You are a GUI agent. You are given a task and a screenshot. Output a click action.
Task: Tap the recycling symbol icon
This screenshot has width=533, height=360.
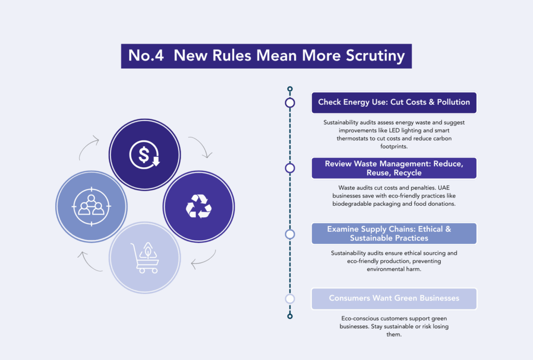(x=199, y=206)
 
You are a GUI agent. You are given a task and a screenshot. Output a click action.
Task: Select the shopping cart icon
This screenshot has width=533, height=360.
(x=144, y=257)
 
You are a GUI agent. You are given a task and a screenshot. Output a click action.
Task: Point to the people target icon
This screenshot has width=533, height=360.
(x=92, y=206)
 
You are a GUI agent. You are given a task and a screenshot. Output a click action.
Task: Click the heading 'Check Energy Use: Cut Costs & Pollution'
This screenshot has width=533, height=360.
(x=394, y=102)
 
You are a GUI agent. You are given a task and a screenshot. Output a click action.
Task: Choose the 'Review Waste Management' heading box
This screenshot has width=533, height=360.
(x=394, y=168)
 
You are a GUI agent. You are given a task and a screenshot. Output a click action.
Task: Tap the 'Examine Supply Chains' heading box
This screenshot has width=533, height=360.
(x=394, y=233)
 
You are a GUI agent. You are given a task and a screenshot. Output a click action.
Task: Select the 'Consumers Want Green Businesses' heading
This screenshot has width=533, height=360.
(x=394, y=299)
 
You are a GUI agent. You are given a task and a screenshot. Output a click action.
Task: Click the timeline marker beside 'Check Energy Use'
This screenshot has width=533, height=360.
(x=290, y=103)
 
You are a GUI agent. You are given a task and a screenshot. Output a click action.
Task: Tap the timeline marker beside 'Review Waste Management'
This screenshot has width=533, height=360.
(x=290, y=168)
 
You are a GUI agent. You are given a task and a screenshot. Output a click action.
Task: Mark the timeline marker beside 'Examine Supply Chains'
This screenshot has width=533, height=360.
(x=290, y=234)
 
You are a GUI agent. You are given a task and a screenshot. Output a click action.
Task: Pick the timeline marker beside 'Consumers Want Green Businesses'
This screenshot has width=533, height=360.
(x=290, y=299)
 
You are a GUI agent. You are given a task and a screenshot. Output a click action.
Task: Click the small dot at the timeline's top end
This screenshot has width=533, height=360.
(x=290, y=89)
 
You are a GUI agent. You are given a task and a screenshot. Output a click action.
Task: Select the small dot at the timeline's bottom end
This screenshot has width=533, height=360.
(x=290, y=316)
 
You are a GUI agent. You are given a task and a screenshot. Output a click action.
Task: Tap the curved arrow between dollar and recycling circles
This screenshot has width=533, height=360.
(x=199, y=146)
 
